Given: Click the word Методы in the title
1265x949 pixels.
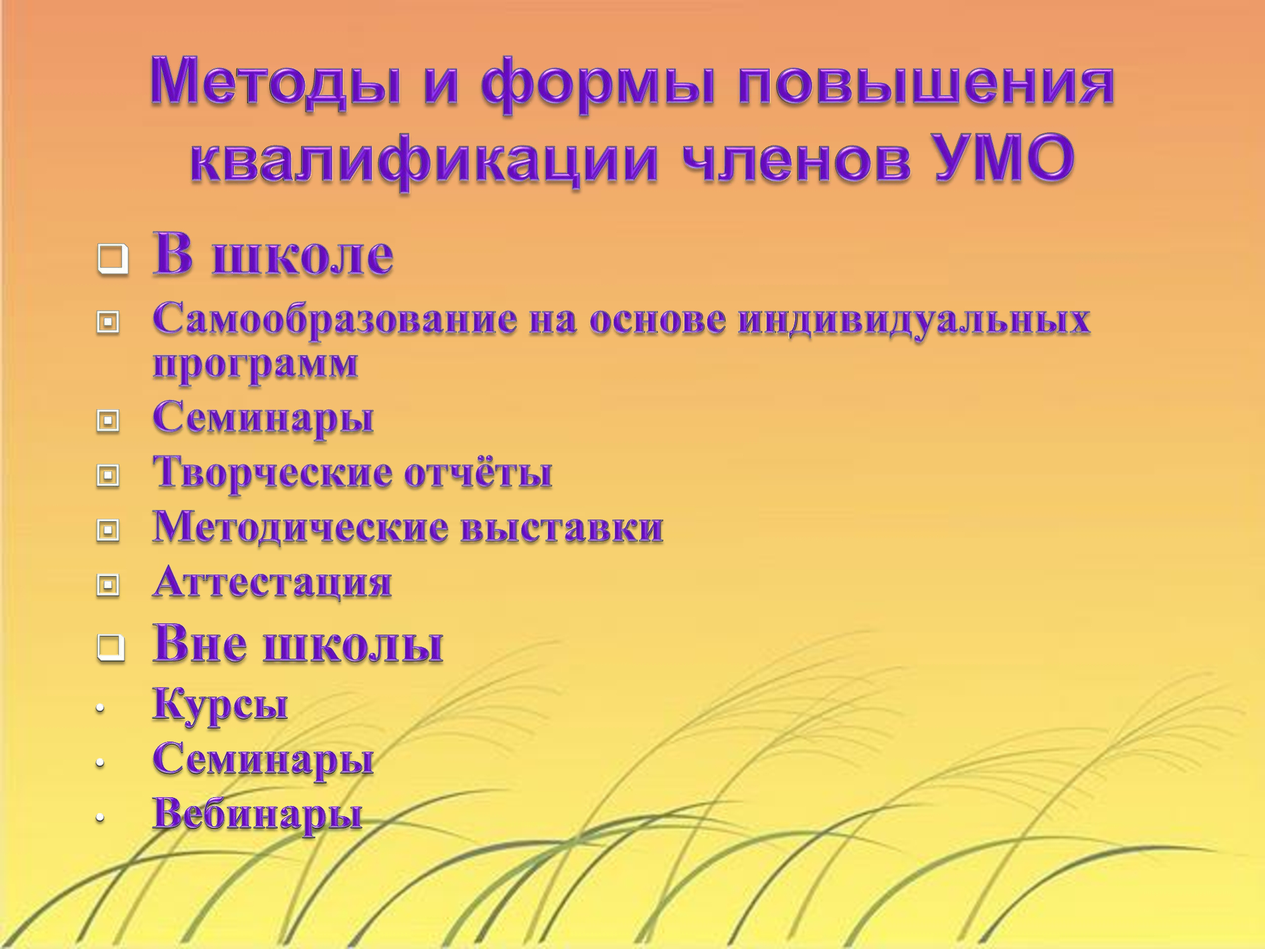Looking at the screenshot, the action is (x=276, y=82).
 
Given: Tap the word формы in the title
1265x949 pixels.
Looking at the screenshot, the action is (x=598, y=85).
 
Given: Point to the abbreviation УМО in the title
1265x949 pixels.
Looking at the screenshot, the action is (x=1005, y=158).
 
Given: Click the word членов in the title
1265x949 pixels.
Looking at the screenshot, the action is (x=797, y=161).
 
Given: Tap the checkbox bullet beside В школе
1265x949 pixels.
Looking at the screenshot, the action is (x=113, y=259).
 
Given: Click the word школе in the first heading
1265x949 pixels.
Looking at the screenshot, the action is (x=303, y=256).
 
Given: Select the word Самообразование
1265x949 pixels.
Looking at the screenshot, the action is (x=335, y=319).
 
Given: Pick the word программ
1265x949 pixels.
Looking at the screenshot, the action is (x=256, y=366).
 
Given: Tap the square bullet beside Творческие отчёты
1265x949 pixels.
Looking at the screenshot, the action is (x=108, y=475).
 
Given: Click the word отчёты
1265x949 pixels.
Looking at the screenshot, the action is (x=478, y=473).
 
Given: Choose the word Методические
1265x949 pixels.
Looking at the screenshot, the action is (x=301, y=527).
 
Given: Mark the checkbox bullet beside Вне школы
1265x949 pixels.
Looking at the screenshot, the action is (x=111, y=648).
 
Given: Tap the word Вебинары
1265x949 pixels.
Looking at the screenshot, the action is (x=257, y=814).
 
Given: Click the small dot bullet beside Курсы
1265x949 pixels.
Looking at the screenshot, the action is (x=100, y=710).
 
